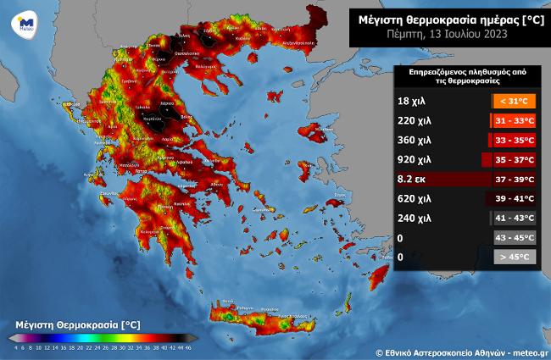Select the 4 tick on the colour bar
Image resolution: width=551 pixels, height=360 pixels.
click(x=15, y=348)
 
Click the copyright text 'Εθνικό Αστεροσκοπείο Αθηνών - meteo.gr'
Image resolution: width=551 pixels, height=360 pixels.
click(x=462, y=351)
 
